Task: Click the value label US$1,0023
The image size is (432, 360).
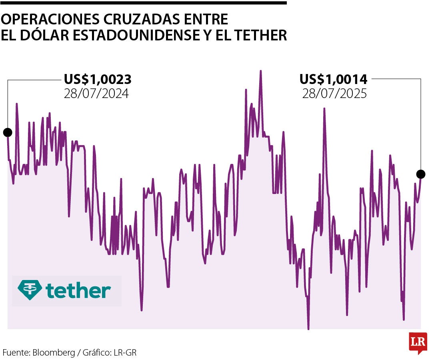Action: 98,79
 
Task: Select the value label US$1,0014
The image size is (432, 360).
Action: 334,79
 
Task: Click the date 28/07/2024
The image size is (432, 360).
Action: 96,94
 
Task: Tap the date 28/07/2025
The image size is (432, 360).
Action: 334,94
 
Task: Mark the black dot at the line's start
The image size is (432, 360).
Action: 8,132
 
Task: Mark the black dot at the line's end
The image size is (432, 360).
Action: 420,174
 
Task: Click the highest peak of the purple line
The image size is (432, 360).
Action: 260,71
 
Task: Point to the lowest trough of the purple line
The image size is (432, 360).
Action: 308,329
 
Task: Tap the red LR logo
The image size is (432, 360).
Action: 418,342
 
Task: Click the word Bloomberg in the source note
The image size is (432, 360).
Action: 54,353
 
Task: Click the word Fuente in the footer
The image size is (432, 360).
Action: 15,353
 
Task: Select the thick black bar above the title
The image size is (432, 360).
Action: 143,3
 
